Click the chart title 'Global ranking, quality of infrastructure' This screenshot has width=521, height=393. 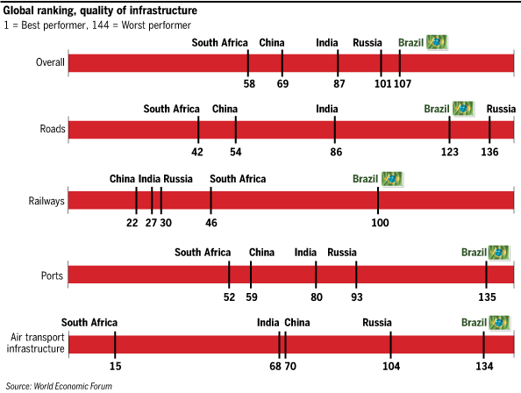click(x=100, y=11)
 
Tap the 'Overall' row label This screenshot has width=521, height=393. click(x=50, y=62)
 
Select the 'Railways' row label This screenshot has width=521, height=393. click(x=46, y=201)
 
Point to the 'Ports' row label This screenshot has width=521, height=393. click(x=52, y=275)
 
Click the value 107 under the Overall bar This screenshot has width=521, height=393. click(x=403, y=83)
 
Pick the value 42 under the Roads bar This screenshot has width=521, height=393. click(x=197, y=152)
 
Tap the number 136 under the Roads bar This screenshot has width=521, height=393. click(x=489, y=152)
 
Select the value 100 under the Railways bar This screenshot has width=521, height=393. click(x=380, y=223)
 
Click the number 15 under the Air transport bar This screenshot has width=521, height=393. click(x=115, y=366)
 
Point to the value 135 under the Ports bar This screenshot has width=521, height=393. click(x=487, y=297)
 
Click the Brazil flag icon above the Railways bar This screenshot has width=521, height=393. click(x=392, y=179)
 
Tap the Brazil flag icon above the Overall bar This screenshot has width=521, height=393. click(x=437, y=42)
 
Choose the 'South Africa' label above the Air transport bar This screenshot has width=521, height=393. click(x=89, y=323)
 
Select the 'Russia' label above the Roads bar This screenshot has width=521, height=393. click(x=501, y=109)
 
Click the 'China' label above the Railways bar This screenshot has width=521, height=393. click(x=122, y=179)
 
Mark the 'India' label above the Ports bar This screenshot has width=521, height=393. click(x=305, y=253)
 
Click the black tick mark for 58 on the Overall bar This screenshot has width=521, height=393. click(x=248, y=63)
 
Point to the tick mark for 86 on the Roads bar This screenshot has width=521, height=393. click(x=334, y=130)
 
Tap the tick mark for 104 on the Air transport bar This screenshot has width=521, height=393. click(x=391, y=345)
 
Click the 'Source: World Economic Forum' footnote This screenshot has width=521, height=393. click(x=59, y=386)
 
